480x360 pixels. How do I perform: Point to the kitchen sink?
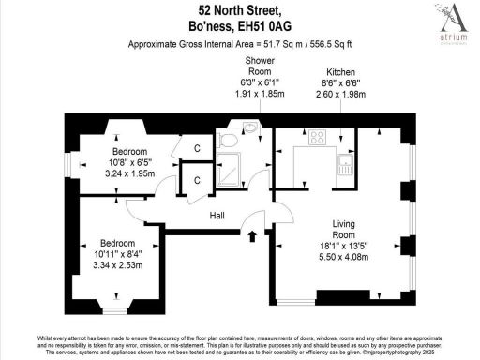[x=345, y=167]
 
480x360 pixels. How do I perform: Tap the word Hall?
[x=217, y=216]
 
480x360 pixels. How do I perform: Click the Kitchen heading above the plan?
[x=340, y=72]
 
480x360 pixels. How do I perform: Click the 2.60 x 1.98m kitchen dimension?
[x=340, y=95]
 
